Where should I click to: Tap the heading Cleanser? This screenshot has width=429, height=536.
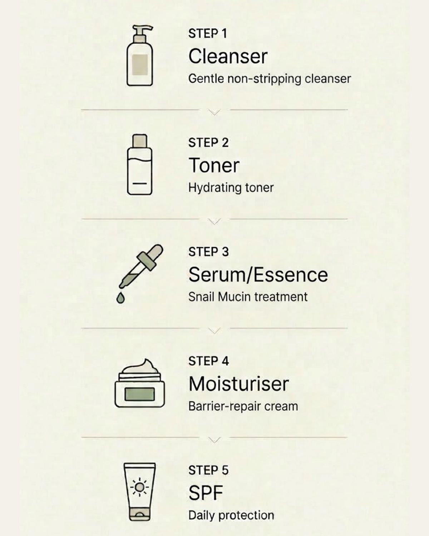pyautogui.click(x=228, y=56)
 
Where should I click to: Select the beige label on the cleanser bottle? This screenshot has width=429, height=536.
pyautogui.click(x=140, y=65)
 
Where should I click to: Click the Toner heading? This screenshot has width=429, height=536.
pyautogui.click(x=214, y=165)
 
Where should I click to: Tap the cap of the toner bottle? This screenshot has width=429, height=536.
pyautogui.click(x=140, y=141)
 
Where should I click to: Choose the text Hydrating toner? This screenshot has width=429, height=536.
pyautogui.click(x=231, y=188)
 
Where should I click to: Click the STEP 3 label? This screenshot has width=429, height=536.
pyautogui.click(x=208, y=252)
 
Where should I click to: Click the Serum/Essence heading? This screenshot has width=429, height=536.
pyautogui.click(x=258, y=275)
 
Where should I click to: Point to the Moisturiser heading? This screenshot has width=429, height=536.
pyautogui.click(x=238, y=384)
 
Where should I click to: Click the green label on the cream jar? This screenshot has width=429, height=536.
pyautogui.click(x=139, y=394)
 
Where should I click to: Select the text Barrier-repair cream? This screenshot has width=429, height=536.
pyautogui.click(x=243, y=406)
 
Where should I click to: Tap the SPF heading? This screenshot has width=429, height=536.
pyautogui.click(x=206, y=493)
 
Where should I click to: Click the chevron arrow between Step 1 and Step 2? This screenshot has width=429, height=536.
pyautogui.click(x=214, y=112)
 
